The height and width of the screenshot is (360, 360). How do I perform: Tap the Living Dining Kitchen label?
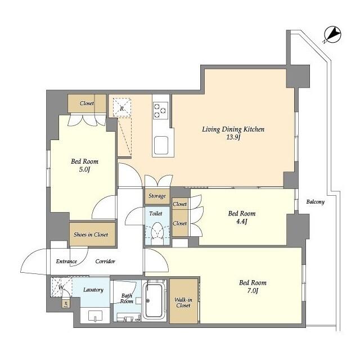click(233, 129)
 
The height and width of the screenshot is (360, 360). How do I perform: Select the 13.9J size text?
click(233, 138)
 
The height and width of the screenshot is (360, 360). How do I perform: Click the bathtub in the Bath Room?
click(154, 299)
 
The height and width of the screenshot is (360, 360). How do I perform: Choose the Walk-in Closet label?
click(183, 302)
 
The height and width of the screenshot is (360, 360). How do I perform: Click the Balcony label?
click(315, 202)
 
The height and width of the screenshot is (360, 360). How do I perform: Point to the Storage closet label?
click(157, 196)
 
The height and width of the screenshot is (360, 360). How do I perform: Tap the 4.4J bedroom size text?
click(241, 222)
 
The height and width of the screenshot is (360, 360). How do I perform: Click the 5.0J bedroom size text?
click(84, 171)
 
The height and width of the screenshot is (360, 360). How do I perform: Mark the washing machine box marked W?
click(60, 286)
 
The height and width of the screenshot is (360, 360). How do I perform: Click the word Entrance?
click(66, 262)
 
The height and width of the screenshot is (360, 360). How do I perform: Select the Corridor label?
click(105, 262)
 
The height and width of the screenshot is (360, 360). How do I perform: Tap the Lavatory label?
click(93, 290)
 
